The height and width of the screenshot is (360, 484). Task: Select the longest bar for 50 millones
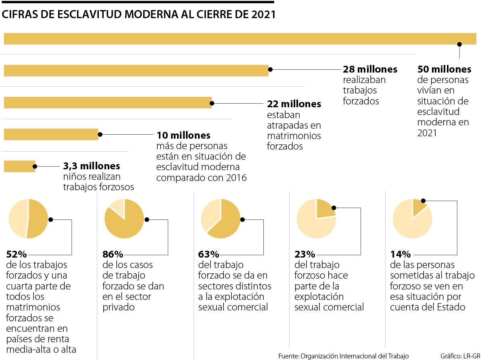coord(240,38)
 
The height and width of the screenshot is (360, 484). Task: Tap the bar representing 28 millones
coord(136,70)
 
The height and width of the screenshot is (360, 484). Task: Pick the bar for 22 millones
coord(108,102)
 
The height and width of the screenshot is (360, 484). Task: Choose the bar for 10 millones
coord(51,134)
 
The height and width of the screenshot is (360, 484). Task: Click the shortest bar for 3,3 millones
coord(19,166)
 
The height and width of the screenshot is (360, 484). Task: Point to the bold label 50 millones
coord(444,69)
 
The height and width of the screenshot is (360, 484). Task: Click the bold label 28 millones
coord(370,69)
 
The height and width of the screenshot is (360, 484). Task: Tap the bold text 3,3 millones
coord(92,166)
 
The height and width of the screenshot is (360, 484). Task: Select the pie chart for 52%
coord(28,219)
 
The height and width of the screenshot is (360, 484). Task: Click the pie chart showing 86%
coord(124,219)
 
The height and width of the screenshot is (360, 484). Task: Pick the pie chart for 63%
coord(221,219)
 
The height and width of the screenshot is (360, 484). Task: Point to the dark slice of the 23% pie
coord(325,209)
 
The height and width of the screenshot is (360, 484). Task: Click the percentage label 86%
coord(113,254)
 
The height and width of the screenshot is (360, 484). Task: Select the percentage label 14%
coord(400,254)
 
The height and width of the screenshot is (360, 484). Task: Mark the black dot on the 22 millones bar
coord(212,103)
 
